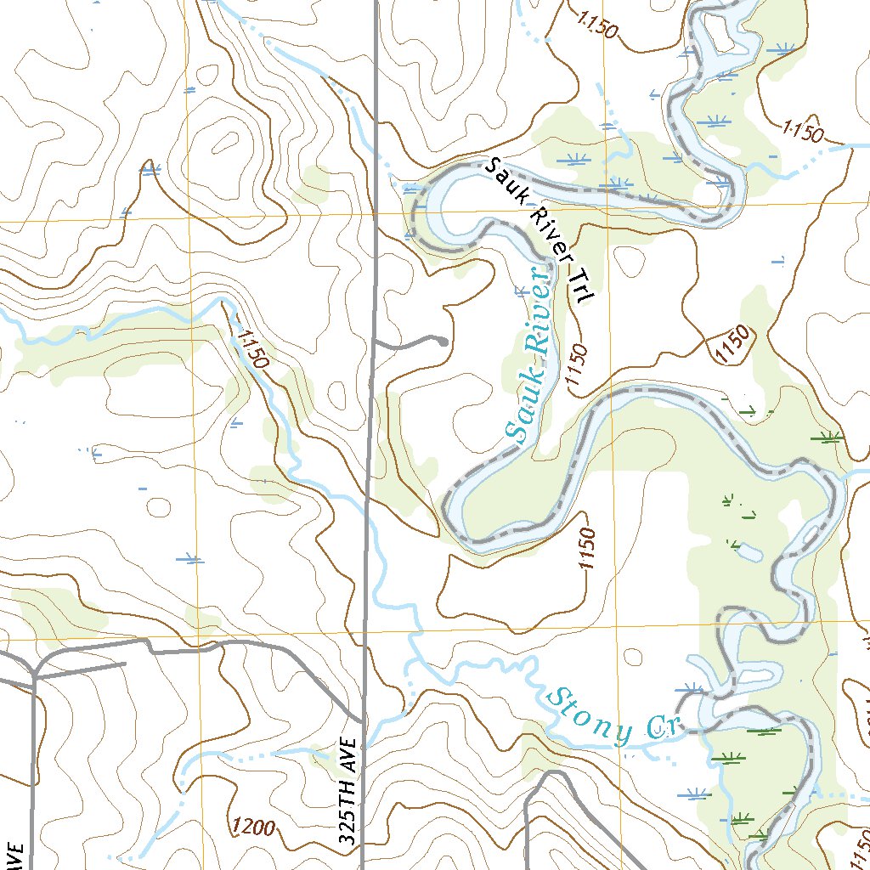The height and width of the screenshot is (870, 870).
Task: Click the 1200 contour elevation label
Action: [252, 825]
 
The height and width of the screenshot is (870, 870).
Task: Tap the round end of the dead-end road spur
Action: [443, 342]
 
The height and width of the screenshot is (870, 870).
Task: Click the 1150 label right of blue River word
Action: [576, 370]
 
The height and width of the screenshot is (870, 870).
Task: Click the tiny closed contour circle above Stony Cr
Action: [633, 657]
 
